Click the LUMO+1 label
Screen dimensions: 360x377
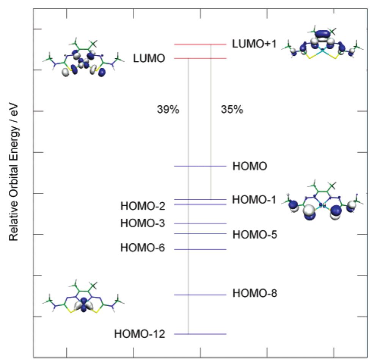254,45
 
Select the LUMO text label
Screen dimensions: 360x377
149,58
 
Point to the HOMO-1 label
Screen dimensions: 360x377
254,200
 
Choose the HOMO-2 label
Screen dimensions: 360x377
143,207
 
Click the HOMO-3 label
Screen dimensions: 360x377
143,223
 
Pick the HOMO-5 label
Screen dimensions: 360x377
255,235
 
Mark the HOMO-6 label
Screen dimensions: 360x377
143,248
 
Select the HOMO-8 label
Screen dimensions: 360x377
255,294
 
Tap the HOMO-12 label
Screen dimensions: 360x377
140,334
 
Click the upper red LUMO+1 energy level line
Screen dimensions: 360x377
200,45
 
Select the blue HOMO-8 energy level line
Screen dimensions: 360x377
200,295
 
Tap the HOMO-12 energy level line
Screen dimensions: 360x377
200,334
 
